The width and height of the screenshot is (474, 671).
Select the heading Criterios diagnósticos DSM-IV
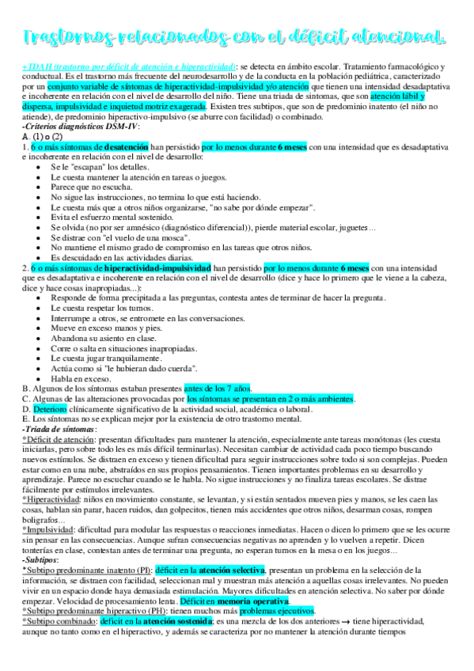point(72,127)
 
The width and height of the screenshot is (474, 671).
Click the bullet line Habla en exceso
point(79,378)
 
